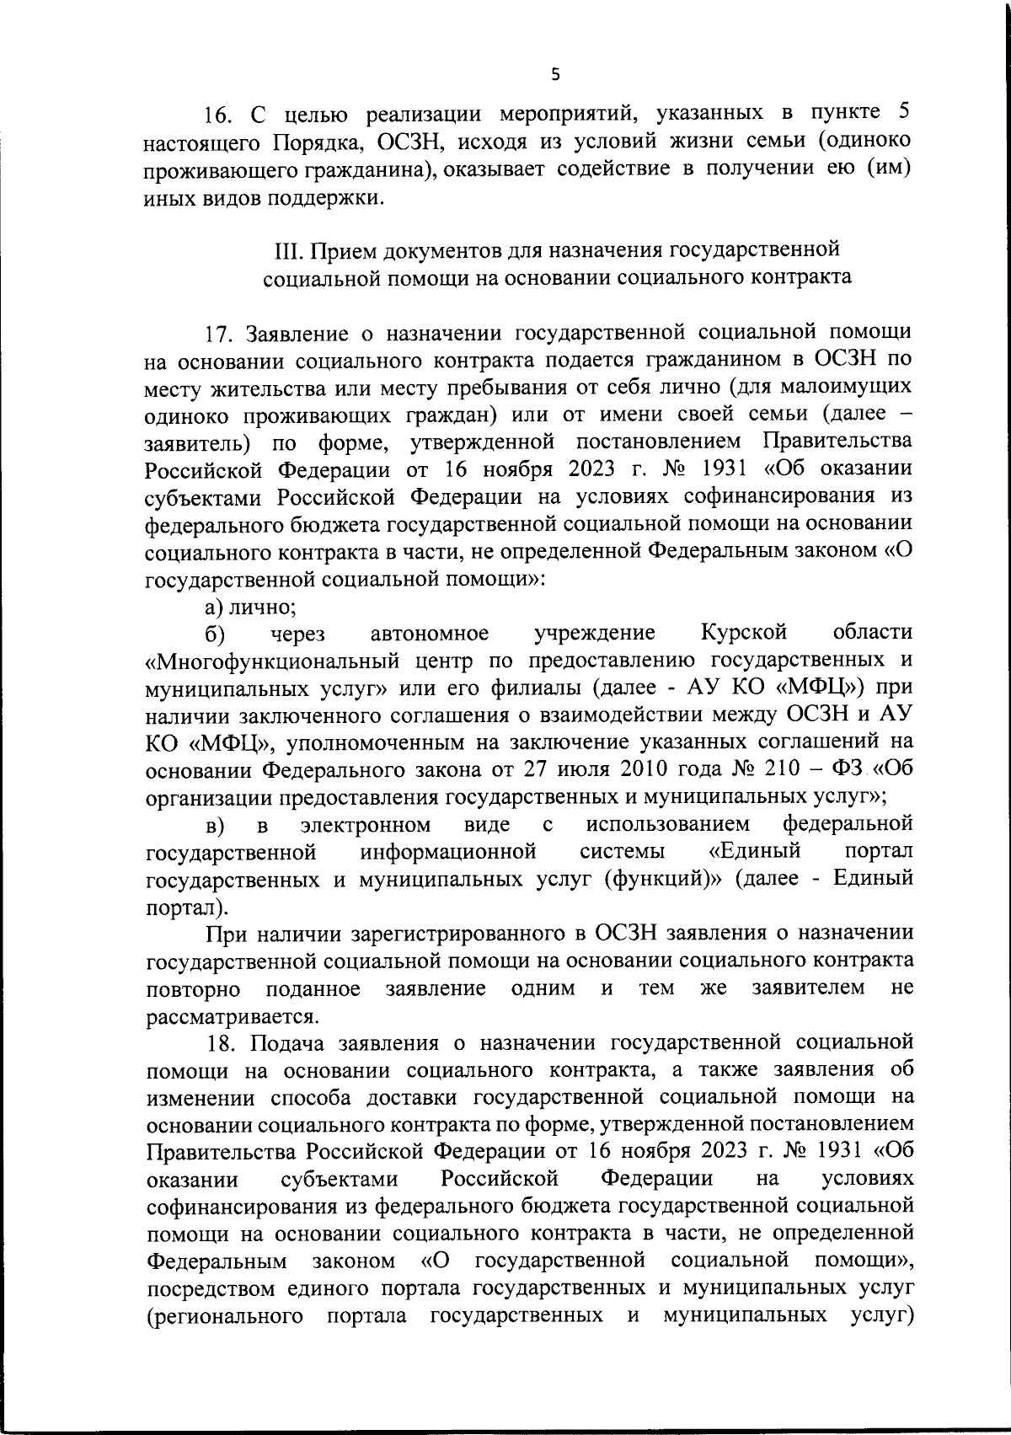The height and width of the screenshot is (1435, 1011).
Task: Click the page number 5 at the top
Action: (x=554, y=74)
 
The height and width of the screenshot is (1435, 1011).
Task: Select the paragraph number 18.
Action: (x=224, y=1043)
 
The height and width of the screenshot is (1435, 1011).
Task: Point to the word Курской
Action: (x=743, y=633)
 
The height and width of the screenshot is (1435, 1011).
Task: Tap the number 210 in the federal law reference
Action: (x=791, y=769)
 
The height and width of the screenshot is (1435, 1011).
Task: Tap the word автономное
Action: (x=430, y=633)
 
